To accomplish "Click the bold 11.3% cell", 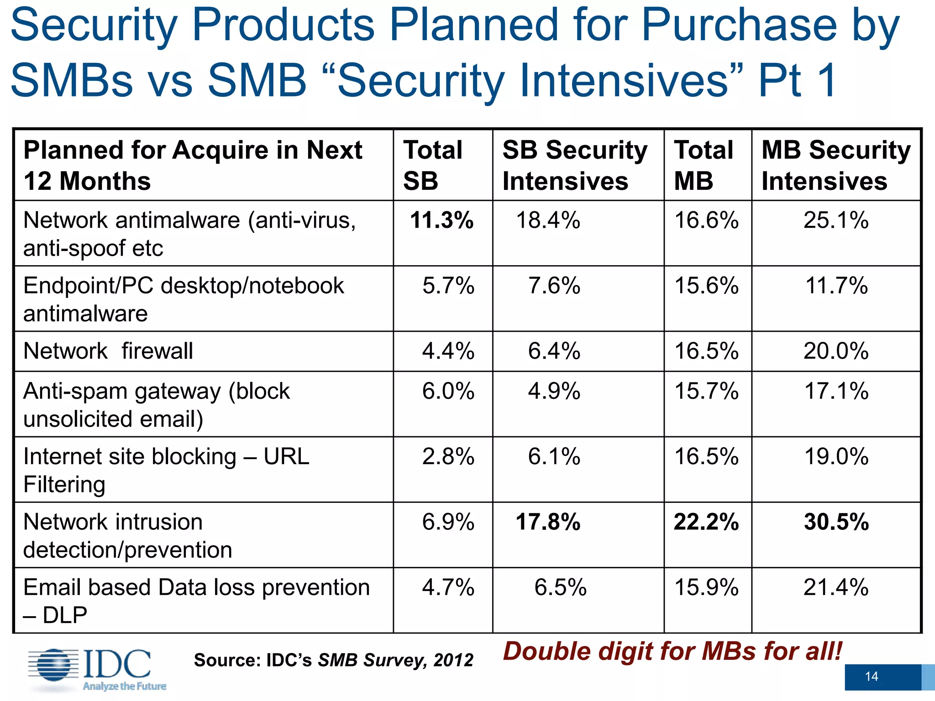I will coord(441,220).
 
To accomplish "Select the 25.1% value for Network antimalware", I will coord(835,220).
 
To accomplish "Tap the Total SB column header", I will coord(432,165).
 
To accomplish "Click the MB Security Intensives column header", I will coord(835,165).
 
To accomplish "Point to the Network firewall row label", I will coord(108,351).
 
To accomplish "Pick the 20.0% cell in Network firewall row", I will coord(835,351).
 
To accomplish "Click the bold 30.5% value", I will coord(836,522).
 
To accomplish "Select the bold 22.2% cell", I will coord(706,522).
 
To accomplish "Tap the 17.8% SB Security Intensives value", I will coord(548,522).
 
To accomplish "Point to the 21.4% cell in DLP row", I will coord(835,587).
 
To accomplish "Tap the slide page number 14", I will coord(871,676).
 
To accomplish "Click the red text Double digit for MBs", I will coord(672,651).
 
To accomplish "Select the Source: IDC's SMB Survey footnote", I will coord(333,660).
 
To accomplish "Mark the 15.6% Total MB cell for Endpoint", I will coord(706,286).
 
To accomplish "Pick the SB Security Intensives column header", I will coord(574,165).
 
